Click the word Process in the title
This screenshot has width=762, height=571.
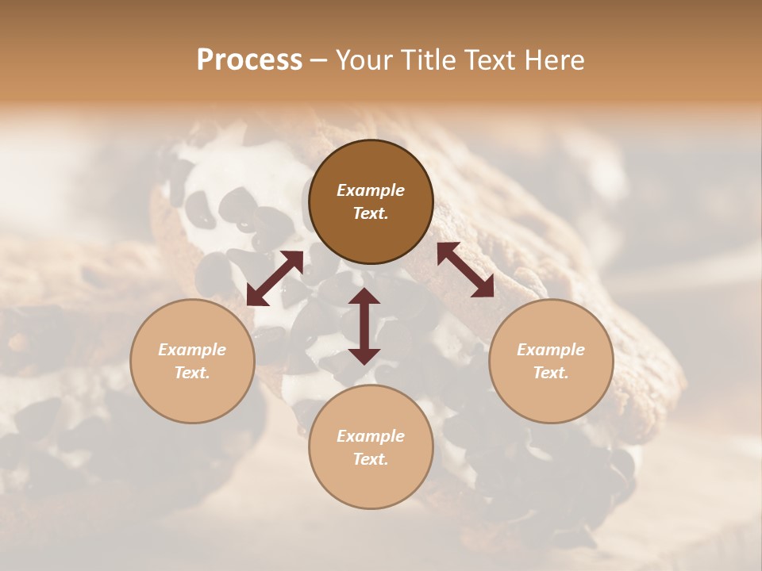click(x=249, y=60)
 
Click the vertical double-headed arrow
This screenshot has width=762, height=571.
click(x=364, y=326)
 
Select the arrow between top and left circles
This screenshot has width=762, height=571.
click(x=275, y=278)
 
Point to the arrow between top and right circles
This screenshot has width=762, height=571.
click(x=466, y=270)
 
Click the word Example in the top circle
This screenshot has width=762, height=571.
click(x=371, y=190)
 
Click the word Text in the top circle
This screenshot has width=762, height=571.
click(x=371, y=214)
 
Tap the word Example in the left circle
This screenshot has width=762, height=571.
click(x=192, y=350)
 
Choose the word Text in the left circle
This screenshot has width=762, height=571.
click(x=192, y=374)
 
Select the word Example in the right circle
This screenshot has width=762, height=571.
click(x=551, y=350)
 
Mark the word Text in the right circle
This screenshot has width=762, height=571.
click(x=551, y=374)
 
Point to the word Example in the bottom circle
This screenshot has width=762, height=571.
click(x=371, y=436)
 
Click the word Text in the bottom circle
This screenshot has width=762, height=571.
click(x=371, y=460)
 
